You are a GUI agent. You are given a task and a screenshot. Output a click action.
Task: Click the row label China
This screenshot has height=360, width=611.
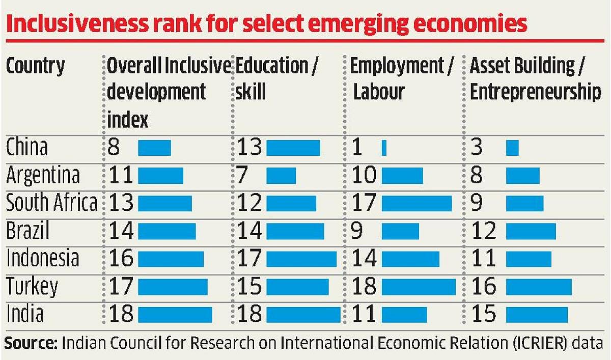(x=26, y=148)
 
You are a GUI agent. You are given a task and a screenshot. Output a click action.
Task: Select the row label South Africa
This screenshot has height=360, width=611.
(x=51, y=203)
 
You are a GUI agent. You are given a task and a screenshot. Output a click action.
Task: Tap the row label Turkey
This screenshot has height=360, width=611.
(x=32, y=287)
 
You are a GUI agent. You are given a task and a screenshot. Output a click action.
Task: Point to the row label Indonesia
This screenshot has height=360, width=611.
(x=43, y=259)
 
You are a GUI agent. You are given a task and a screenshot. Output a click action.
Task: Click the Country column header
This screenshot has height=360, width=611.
(x=36, y=66)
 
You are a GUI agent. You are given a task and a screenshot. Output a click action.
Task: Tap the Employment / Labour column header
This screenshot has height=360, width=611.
(x=401, y=79)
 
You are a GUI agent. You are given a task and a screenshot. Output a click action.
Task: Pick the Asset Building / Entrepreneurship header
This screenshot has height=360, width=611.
(x=535, y=79)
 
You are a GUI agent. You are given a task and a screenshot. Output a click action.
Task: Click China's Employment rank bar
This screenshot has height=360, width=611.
(x=384, y=148)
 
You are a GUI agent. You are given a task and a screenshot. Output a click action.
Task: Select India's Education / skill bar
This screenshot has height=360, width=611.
(x=303, y=315)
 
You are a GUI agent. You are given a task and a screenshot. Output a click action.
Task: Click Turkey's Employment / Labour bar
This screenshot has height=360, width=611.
(x=418, y=287)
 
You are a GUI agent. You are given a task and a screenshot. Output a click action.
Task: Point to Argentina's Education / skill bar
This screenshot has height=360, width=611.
(x=281, y=176)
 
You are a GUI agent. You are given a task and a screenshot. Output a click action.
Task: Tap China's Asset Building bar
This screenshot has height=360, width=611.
(x=512, y=148)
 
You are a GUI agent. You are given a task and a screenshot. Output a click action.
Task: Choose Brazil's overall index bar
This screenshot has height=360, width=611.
(x=166, y=231)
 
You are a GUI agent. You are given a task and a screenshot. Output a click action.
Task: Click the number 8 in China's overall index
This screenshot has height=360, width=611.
(x=114, y=148)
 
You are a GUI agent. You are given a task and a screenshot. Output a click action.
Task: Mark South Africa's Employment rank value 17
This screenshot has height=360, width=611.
(x=364, y=203)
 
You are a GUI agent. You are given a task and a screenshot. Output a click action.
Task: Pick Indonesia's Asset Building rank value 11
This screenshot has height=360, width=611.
(x=483, y=259)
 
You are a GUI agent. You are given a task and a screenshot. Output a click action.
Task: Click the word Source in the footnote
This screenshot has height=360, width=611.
(x=31, y=342)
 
